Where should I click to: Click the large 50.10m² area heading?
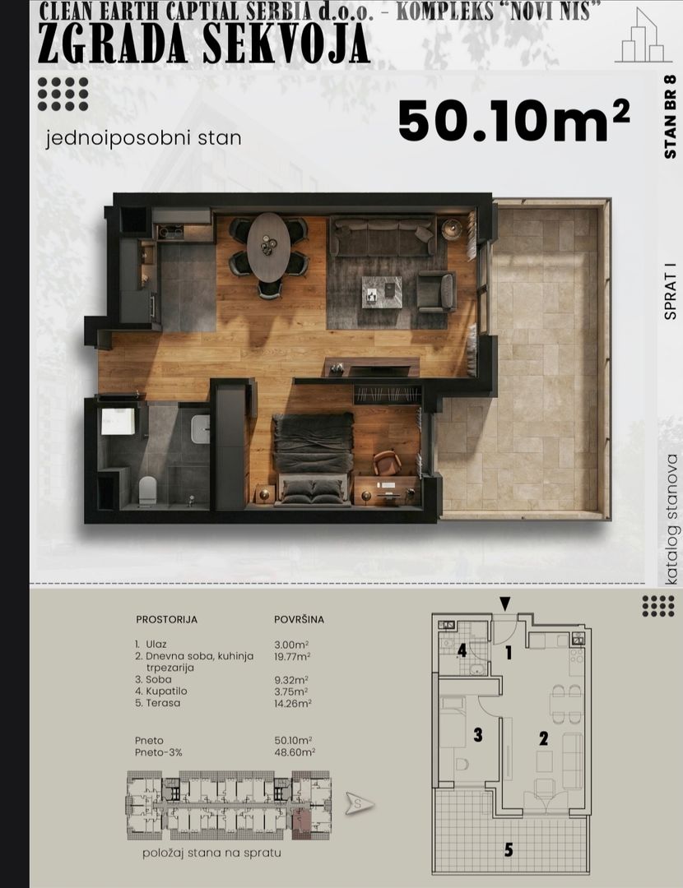(513, 121)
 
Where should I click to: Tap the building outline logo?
(644, 37)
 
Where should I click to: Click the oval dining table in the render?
(268, 247)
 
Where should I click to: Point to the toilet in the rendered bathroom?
(147, 490)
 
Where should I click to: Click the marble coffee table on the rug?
(382, 292)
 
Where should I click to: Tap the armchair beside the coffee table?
(436, 291)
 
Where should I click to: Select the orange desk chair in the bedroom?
(387, 462)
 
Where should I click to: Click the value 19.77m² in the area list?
(292, 657)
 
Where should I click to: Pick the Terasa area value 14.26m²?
(293, 703)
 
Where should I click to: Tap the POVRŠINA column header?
(300, 620)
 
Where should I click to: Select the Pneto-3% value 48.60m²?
(295, 752)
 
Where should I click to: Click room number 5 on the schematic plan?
(509, 849)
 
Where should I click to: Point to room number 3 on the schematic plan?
(478, 734)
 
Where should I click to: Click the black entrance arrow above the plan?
(505, 604)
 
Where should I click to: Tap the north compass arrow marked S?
(360, 803)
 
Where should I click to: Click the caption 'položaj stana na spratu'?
(212, 853)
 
